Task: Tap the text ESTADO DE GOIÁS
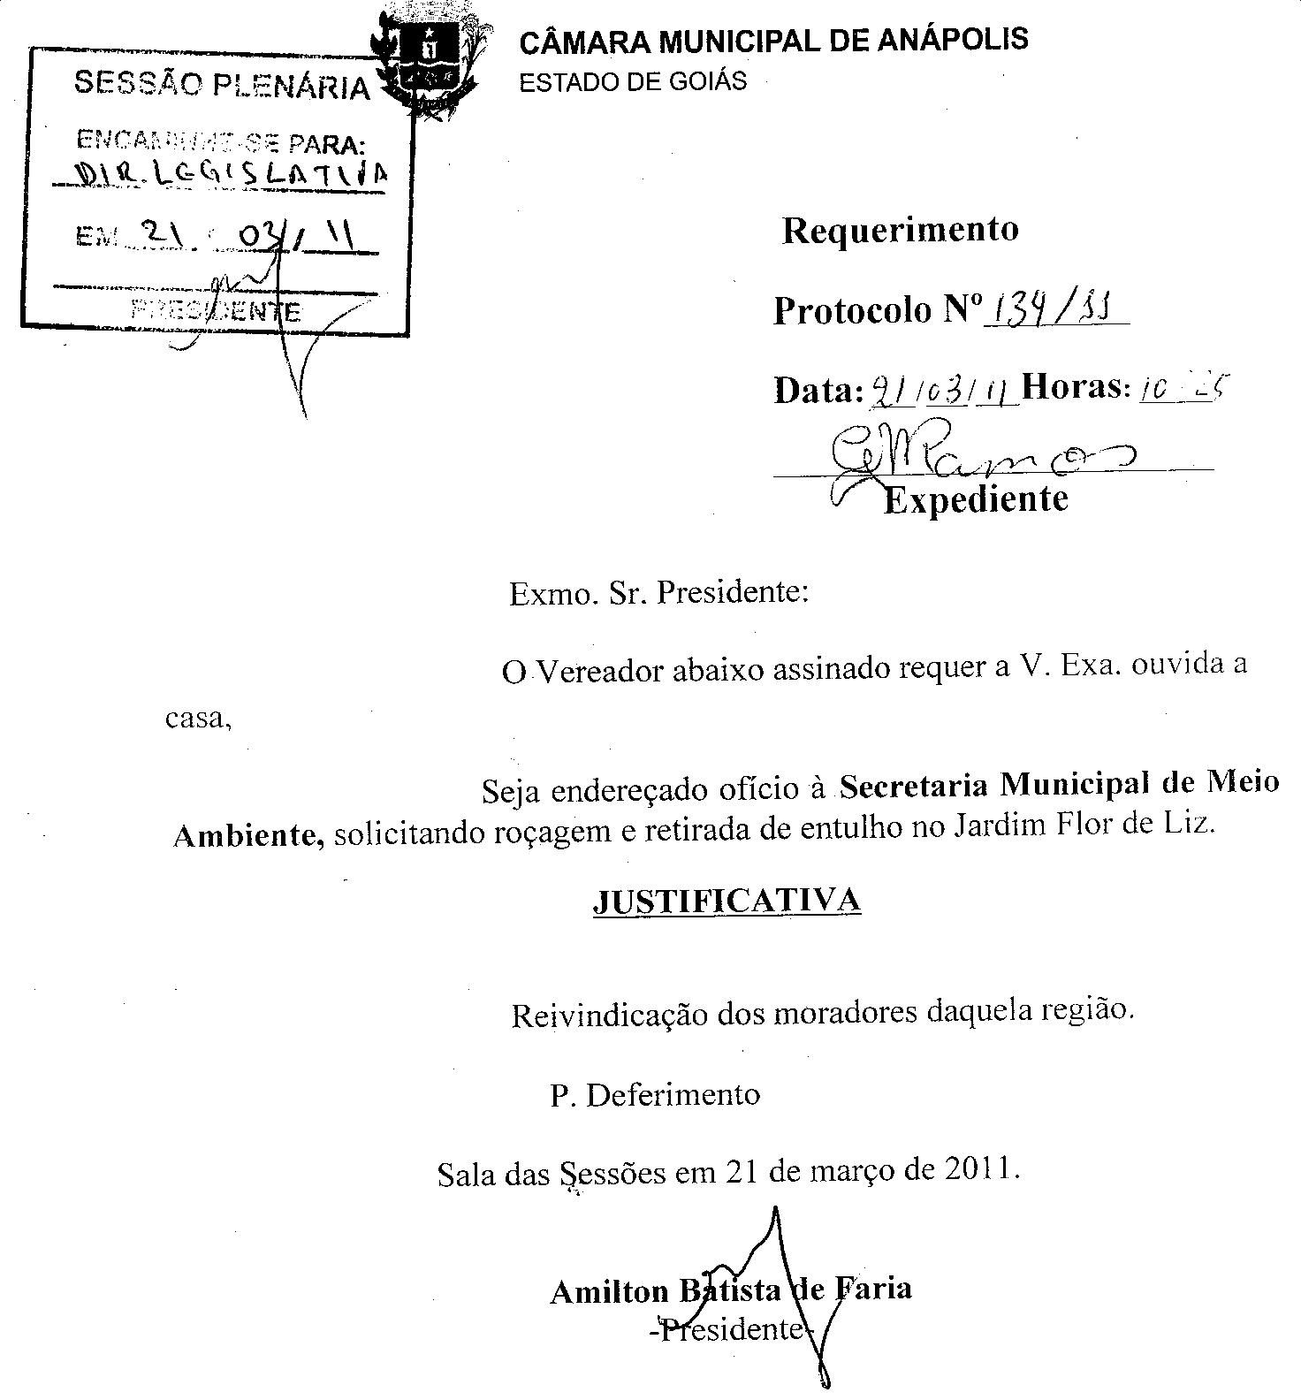[632, 82]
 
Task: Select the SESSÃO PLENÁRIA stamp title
[221, 86]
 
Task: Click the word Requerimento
[900, 230]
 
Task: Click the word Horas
[1075, 387]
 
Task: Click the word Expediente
[976, 499]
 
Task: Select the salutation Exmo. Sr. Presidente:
[658, 592]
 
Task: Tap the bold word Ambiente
[247, 833]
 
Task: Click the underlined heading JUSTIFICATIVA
[726, 901]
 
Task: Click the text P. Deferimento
[654, 1095]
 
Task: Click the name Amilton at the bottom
[610, 1291]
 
